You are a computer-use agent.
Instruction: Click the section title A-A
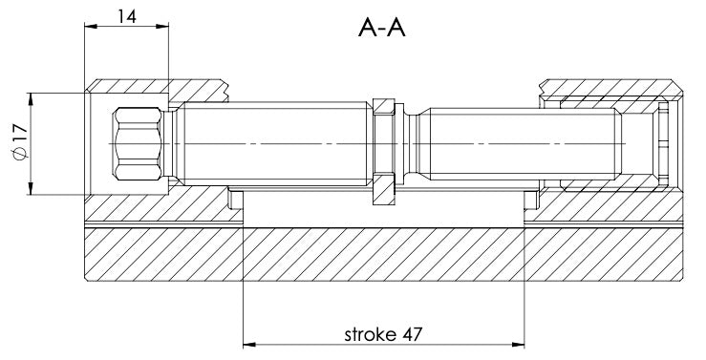tap(382, 29)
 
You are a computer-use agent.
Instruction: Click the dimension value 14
tap(126, 16)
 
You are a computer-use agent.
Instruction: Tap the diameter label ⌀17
tap(20, 144)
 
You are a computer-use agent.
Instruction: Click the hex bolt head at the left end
tap(139, 144)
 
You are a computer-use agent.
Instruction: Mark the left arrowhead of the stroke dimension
tap(249, 345)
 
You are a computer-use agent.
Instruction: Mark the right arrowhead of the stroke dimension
tap(518, 345)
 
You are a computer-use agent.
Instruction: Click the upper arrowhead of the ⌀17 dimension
tap(31, 99)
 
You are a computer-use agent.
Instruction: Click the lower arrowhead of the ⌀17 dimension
tap(31, 188)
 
